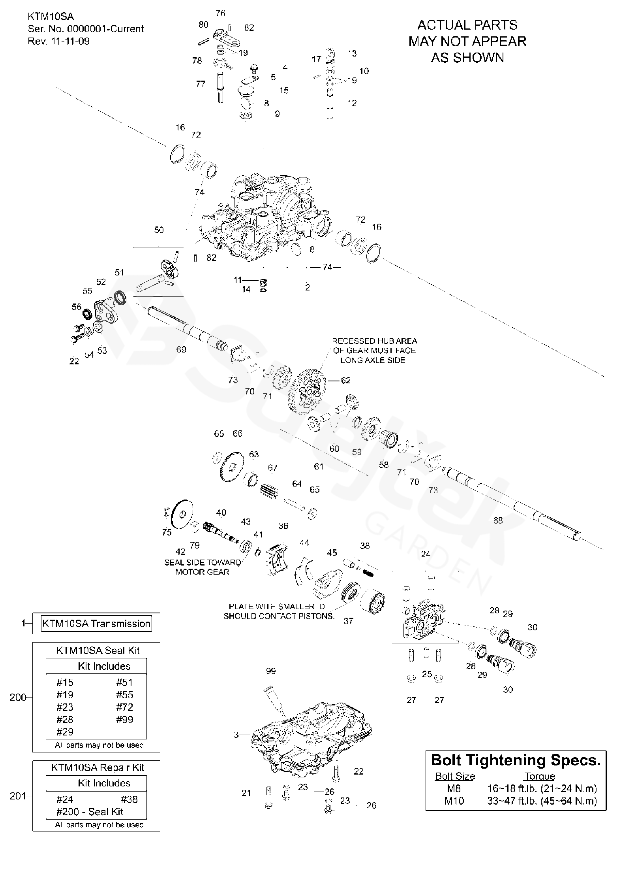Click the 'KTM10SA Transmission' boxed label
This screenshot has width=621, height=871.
[96, 623]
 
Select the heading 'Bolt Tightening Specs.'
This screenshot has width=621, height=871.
[516, 760]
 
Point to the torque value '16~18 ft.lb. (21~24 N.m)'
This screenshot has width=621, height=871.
[542, 788]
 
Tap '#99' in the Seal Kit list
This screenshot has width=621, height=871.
[124, 719]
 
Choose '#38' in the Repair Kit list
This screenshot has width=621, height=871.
[129, 799]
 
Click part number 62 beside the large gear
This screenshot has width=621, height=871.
[345, 380]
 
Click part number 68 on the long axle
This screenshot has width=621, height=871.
[498, 520]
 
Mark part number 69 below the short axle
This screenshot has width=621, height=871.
[181, 349]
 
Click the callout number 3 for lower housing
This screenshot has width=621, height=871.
[236, 735]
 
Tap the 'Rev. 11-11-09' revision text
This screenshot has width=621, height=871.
[58, 41]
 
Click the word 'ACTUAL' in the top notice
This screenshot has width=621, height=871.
[437, 25]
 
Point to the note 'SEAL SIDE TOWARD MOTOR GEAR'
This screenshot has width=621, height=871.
[203, 567]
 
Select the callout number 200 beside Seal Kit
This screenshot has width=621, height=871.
[18, 698]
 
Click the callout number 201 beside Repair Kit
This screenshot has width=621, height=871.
[18, 796]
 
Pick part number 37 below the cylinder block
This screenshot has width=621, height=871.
[348, 621]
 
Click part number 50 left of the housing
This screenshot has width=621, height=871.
[159, 230]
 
